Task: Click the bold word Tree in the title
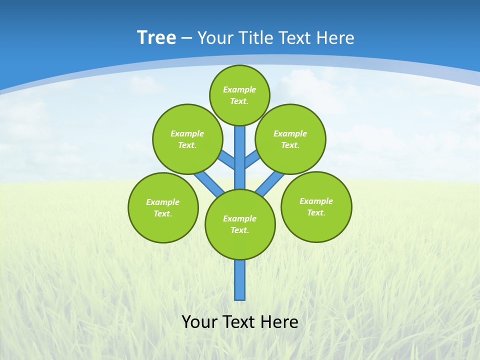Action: [156, 38]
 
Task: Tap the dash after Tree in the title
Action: [186, 38]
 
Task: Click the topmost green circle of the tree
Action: [239, 95]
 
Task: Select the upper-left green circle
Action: [187, 139]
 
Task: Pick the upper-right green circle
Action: [290, 139]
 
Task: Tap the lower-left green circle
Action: [163, 207]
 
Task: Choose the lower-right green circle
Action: [316, 206]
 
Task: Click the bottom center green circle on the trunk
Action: [240, 224]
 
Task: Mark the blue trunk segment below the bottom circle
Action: [240, 280]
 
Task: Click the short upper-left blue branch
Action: [227, 159]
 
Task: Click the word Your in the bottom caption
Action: [199, 322]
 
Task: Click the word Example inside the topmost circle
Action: [239, 90]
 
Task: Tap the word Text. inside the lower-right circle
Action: [316, 212]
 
